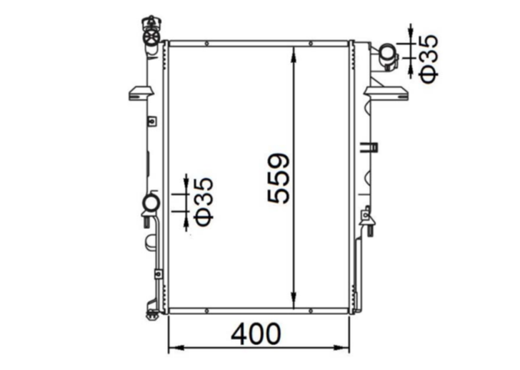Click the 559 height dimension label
pyautogui.click(x=279, y=178)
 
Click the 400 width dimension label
pyautogui.click(x=256, y=334)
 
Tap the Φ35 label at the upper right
pyautogui.click(x=429, y=57)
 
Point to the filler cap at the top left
pyautogui.click(x=151, y=32)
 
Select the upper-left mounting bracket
pyautogui.click(x=140, y=93)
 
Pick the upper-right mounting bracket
pyautogui.click(x=389, y=92)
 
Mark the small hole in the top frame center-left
pyautogui.click(x=206, y=44)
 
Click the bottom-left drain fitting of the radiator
pyautogui.click(x=151, y=312)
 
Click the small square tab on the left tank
pyautogui.click(x=151, y=121)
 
